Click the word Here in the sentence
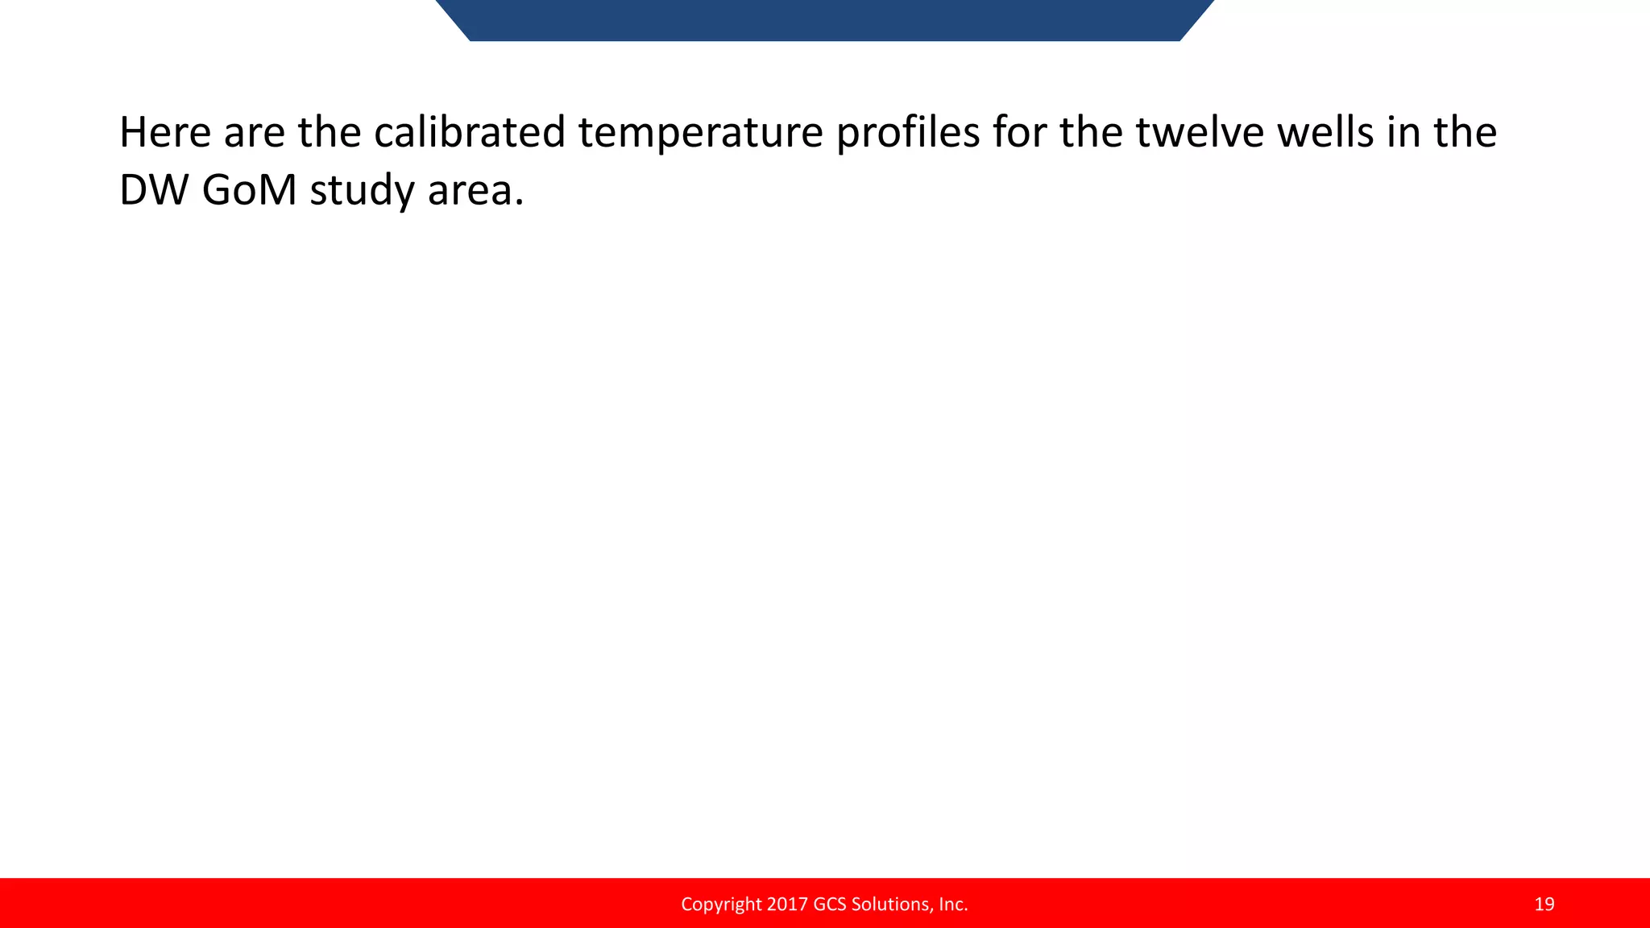(164, 132)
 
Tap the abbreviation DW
(153, 191)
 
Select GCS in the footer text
(830, 904)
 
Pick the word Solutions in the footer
(890, 904)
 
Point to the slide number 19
(1544, 904)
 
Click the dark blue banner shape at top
(824, 19)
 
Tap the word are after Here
(254, 132)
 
